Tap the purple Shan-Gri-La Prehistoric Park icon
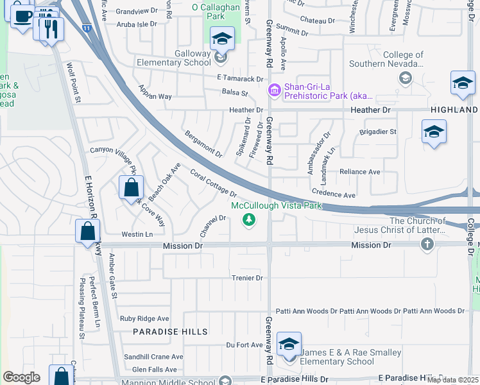[275, 90]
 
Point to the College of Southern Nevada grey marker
[405, 78]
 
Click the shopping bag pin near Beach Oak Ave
[131, 187]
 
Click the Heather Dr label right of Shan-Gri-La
[370, 110]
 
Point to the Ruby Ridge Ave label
[144, 318]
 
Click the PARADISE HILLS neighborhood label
[170, 332]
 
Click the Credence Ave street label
[333, 194]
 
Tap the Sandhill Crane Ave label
[153, 357]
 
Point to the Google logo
[21, 377]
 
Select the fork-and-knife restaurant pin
[51, 29]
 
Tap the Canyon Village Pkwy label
[114, 154]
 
